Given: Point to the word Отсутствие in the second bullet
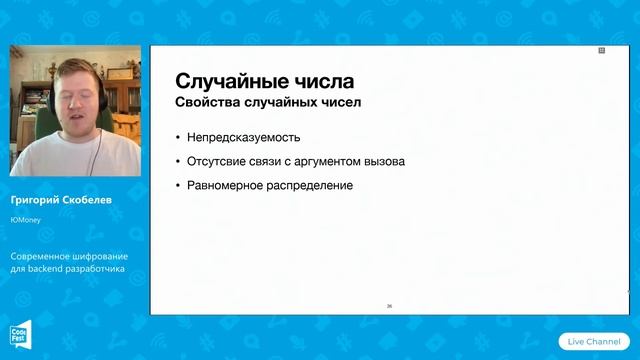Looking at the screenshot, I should pos(216,161).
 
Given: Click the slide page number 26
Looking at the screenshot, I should pos(389,306).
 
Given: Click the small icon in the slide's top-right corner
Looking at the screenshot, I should pos(602,49).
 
